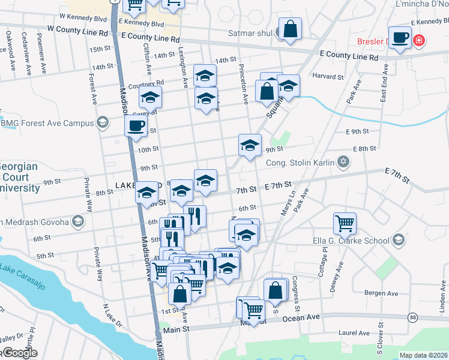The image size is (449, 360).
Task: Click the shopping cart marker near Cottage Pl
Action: pos(345,224)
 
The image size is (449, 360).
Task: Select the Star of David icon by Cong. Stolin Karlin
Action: pos(343,161)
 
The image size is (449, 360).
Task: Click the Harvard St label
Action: pos(328,76)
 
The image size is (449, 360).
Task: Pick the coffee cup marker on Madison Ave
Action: pos(135,126)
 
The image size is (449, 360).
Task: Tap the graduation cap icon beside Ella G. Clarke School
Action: pos(397,241)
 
